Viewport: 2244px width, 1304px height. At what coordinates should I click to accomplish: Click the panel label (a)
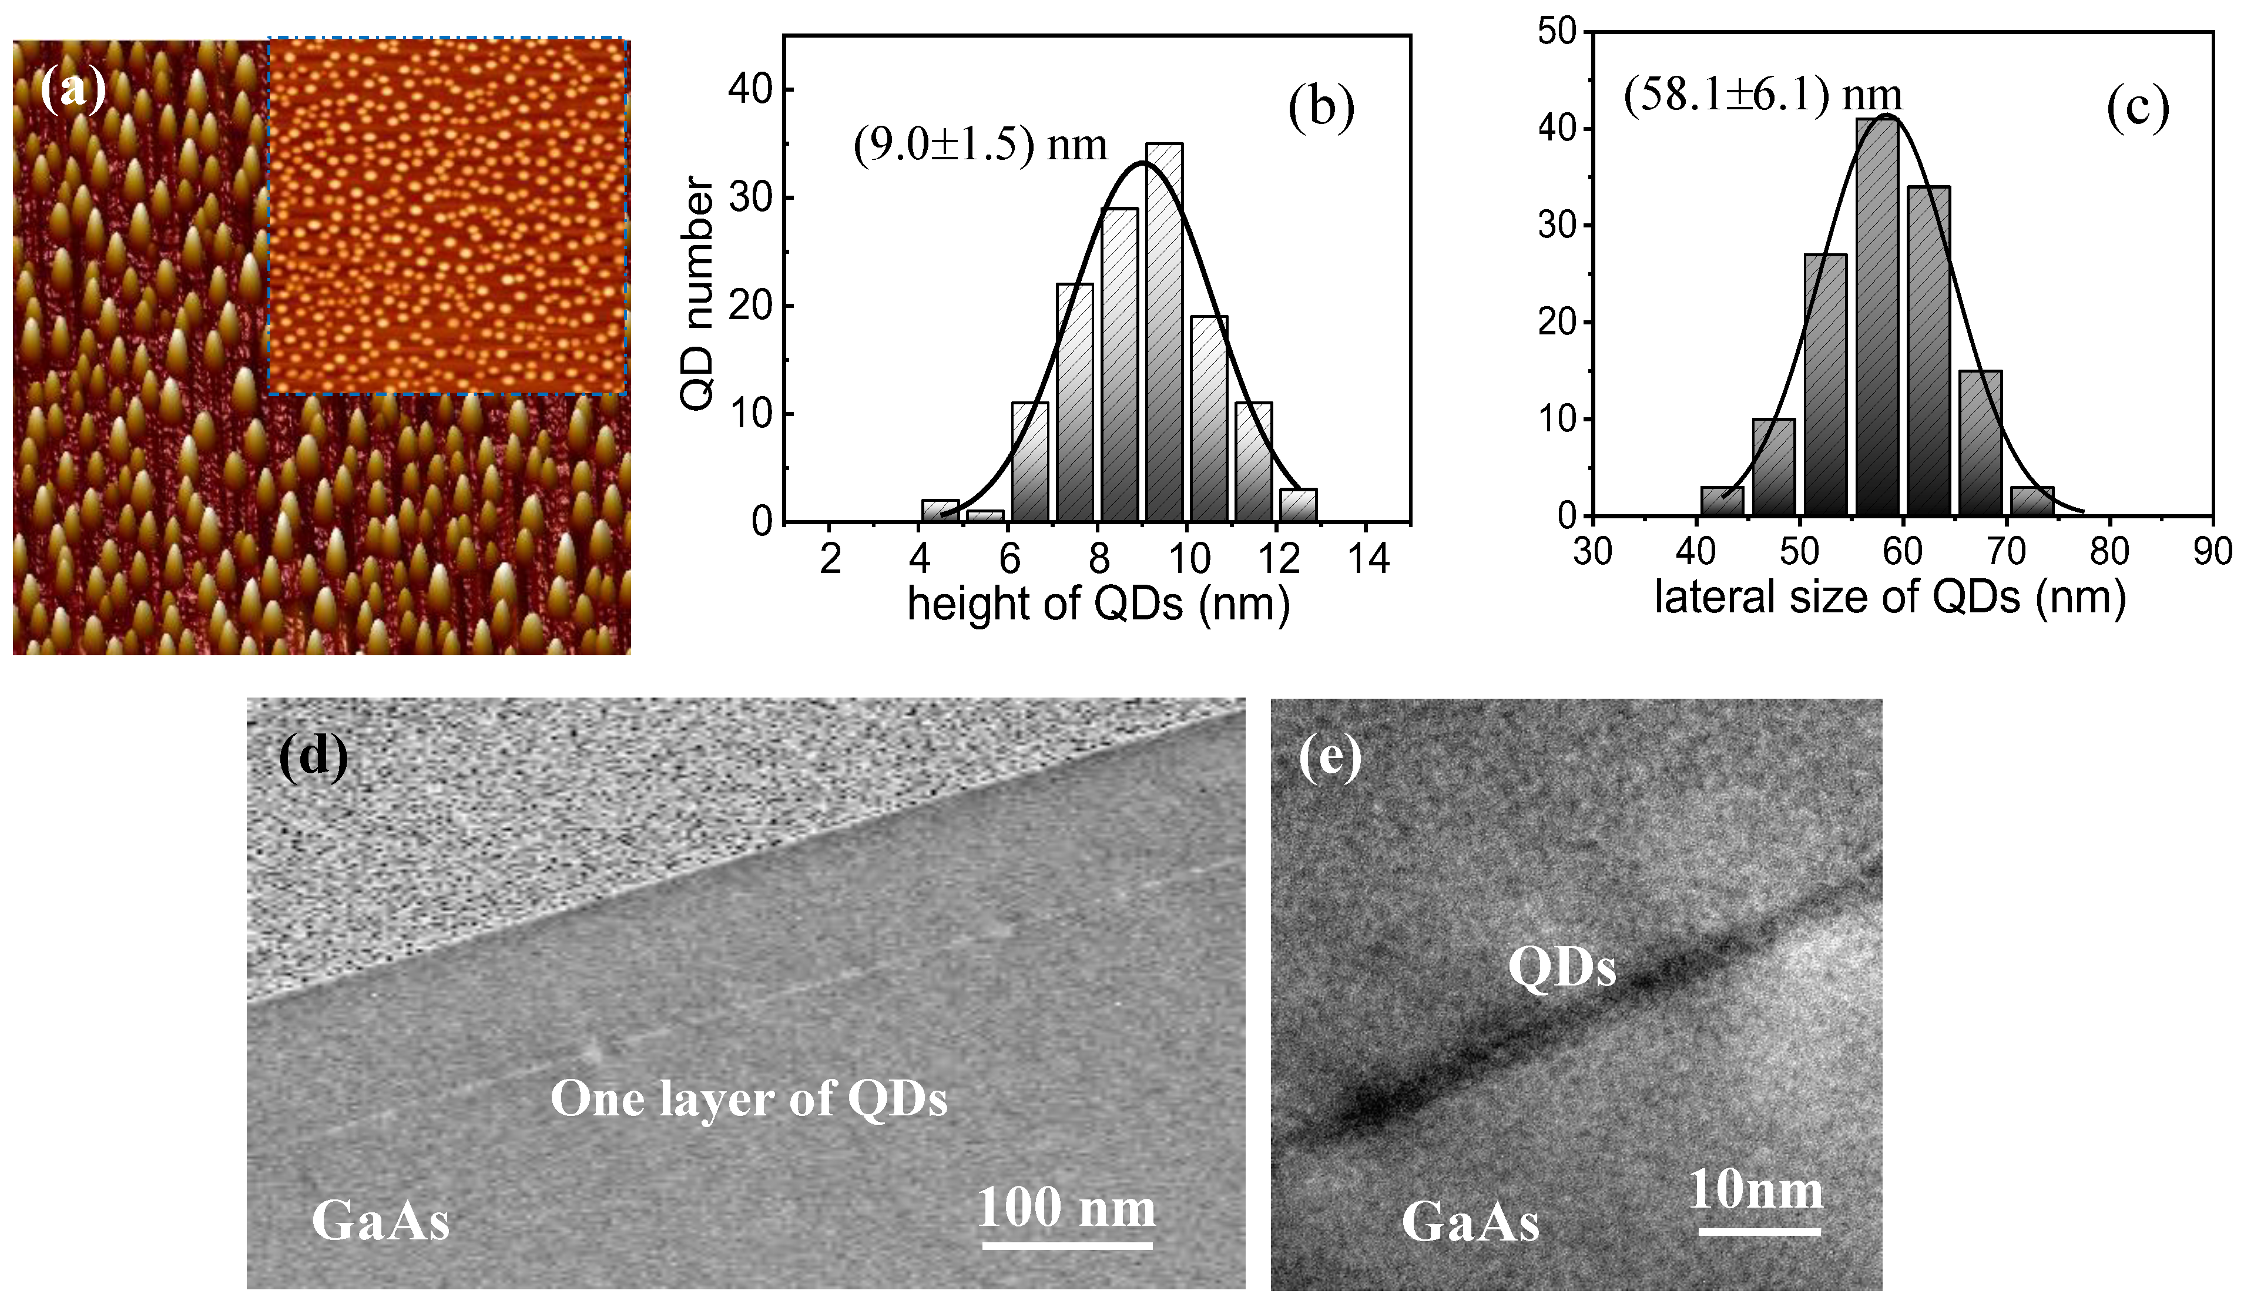73,90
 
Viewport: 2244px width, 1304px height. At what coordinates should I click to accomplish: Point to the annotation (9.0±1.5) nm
980,145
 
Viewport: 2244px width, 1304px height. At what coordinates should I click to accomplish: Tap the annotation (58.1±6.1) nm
1762,95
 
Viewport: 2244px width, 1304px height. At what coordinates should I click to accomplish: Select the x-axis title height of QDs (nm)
1098,604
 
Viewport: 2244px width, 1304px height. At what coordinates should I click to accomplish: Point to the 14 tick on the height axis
1368,560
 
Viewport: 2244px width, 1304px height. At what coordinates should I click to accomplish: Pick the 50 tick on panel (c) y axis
1557,33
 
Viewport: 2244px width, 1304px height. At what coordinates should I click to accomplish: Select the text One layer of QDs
748,1098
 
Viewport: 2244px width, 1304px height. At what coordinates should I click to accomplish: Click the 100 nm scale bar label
1066,1208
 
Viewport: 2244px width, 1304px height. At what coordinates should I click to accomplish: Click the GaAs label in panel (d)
380,1221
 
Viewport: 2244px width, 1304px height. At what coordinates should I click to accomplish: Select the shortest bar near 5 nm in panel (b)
985,516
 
